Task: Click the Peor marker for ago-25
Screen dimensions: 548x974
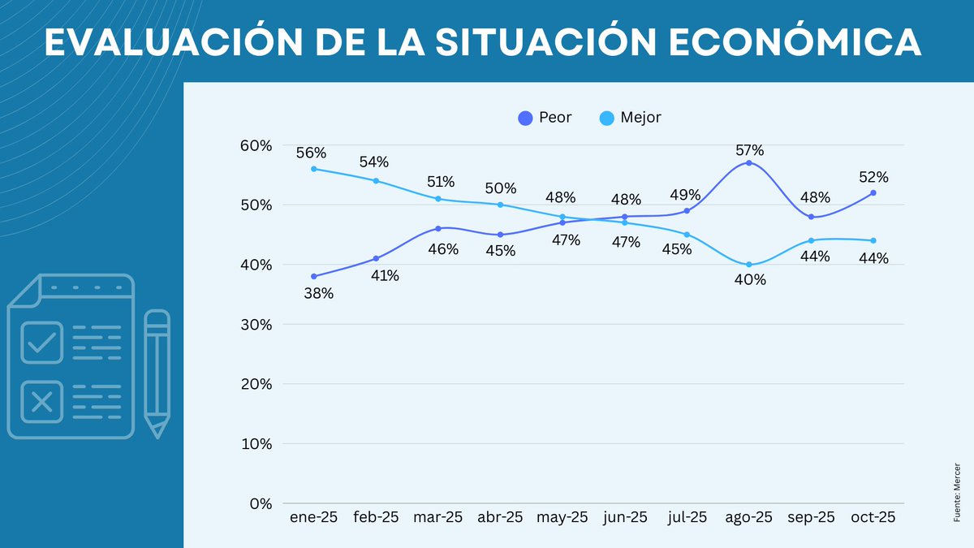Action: (748, 163)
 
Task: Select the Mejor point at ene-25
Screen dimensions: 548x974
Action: (313, 169)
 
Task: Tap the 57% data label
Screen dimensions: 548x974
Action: (749, 150)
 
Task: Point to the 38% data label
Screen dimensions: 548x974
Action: (318, 294)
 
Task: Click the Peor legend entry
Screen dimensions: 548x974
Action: (545, 118)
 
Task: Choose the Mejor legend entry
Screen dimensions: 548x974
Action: (630, 118)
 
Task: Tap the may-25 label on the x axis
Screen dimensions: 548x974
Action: (562, 518)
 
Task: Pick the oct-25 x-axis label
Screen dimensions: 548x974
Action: (873, 518)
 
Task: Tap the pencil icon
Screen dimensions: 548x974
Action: (157, 373)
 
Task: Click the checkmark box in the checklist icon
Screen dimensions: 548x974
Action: (41, 343)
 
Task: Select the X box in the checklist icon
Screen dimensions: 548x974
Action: (41, 401)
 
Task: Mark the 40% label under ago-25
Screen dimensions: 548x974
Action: (749, 280)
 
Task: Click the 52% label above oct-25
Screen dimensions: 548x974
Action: (873, 177)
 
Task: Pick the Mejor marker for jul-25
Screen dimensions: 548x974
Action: (687, 235)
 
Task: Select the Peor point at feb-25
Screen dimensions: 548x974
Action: (376, 258)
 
